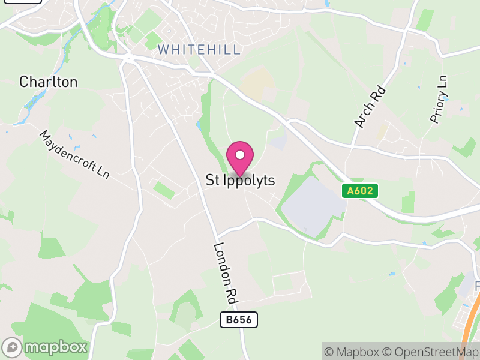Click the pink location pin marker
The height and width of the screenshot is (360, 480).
(x=240, y=157)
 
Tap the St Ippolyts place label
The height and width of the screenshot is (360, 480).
(x=240, y=180)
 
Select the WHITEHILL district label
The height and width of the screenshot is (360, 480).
(x=199, y=50)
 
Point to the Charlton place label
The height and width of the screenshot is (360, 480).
(x=48, y=82)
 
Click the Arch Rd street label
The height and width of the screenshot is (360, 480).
(x=370, y=107)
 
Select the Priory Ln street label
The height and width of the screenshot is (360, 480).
(x=439, y=99)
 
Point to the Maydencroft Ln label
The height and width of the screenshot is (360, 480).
(x=74, y=154)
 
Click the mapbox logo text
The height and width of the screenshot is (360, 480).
(x=56, y=347)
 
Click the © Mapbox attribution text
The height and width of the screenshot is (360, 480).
(x=352, y=352)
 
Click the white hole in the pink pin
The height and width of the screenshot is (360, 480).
(x=240, y=155)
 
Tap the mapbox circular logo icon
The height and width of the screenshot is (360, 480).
(x=13, y=347)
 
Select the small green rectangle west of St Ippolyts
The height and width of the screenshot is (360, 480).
(x=164, y=191)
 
